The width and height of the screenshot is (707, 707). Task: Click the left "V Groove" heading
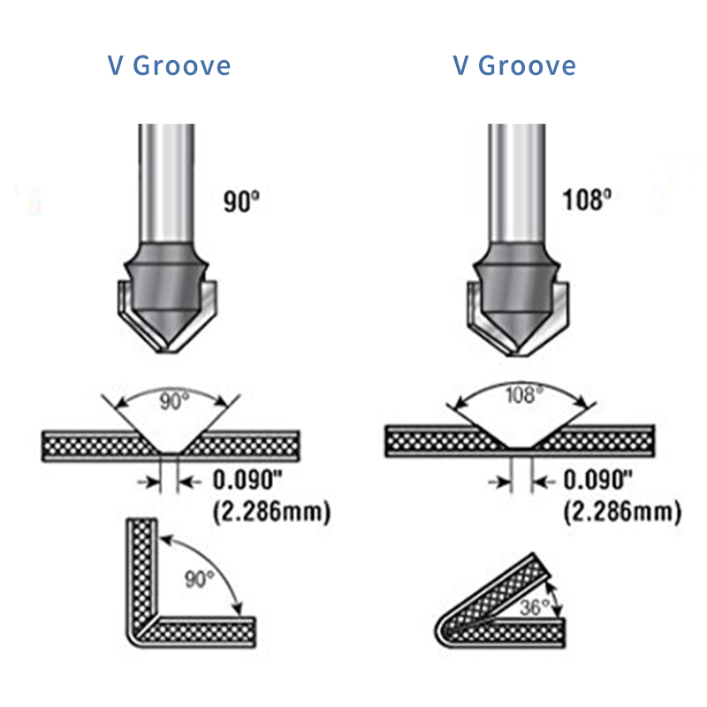170,66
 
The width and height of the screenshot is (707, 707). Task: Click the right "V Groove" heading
514,66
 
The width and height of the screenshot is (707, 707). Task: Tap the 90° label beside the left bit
241,202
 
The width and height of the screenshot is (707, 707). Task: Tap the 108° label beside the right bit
587,200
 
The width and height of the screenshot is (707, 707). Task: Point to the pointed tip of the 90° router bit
167,346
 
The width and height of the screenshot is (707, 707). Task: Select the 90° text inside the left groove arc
175,402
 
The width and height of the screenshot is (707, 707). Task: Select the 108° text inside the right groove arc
521,395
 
